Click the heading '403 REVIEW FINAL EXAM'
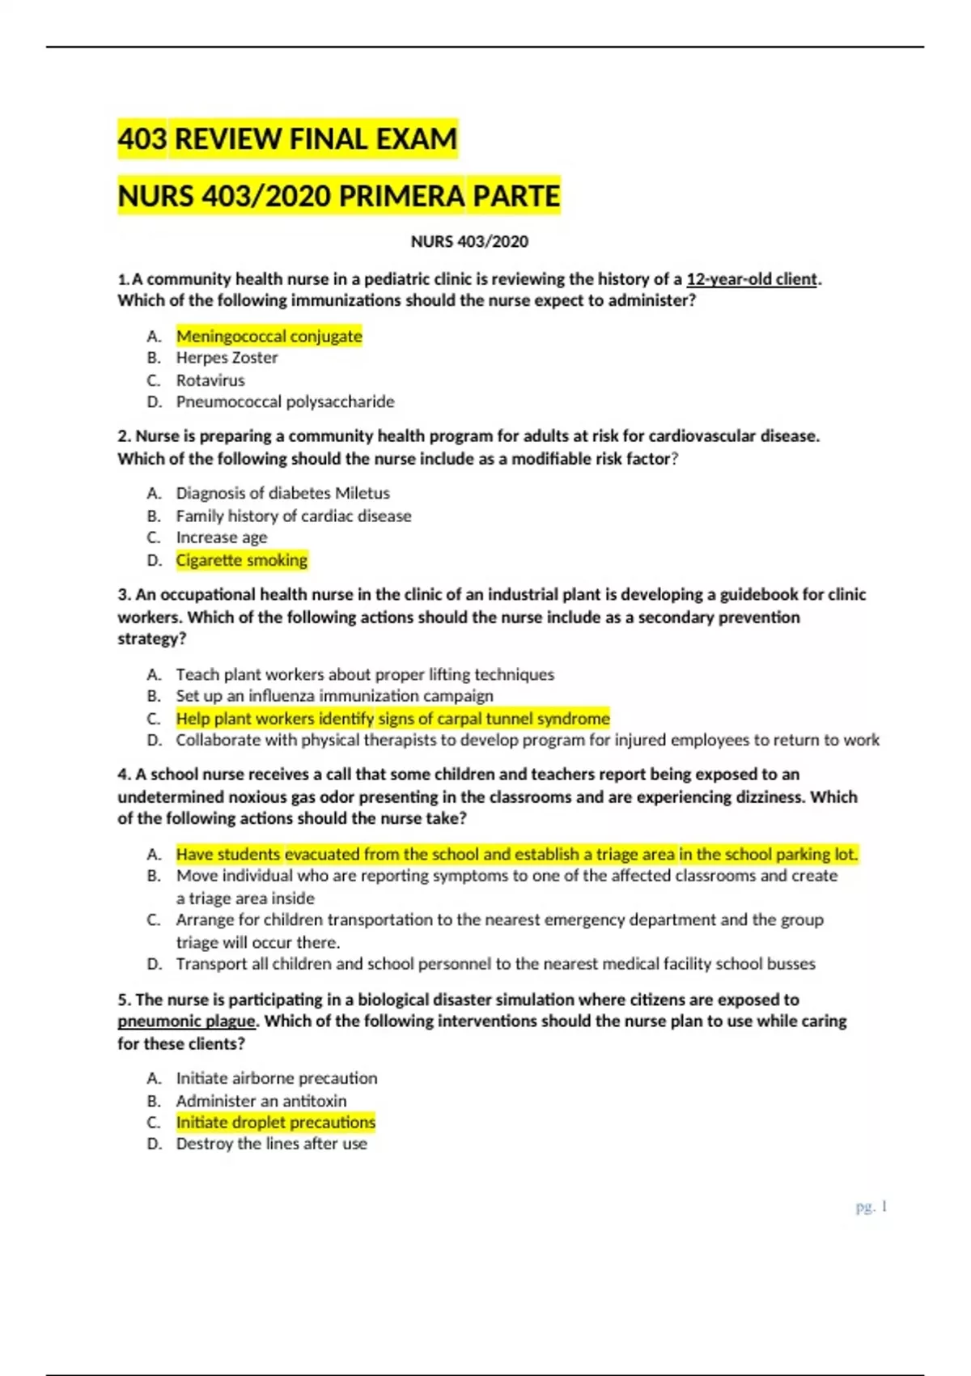pyautogui.click(x=287, y=139)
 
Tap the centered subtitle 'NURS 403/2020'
pyautogui.click(x=469, y=241)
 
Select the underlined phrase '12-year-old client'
pyautogui.click(x=752, y=279)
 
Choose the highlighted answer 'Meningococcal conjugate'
pyautogui.click(x=269, y=336)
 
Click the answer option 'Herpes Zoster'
pyautogui.click(x=227, y=358)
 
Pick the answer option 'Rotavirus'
pyautogui.click(x=210, y=380)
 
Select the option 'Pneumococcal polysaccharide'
pyautogui.click(x=285, y=402)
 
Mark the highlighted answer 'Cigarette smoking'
pyautogui.click(x=241, y=560)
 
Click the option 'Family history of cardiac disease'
pyautogui.click(x=293, y=516)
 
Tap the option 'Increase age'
pyautogui.click(x=222, y=537)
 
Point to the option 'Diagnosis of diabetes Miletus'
pyautogui.click(x=282, y=493)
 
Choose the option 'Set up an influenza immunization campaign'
pyautogui.click(x=334, y=696)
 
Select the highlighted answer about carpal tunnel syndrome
pyautogui.click(x=392, y=719)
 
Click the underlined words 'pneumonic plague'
pyautogui.click(x=187, y=1021)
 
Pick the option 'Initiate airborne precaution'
pyautogui.click(x=277, y=1078)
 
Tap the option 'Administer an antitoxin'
pyautogui.click(x=261, y=1101)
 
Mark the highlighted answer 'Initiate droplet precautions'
pyautogui.click(x=275, y=1123)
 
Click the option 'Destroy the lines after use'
pyautogui.click(x=271, y=1145)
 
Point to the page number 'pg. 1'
pyautogui.click(x=871, y=1207)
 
